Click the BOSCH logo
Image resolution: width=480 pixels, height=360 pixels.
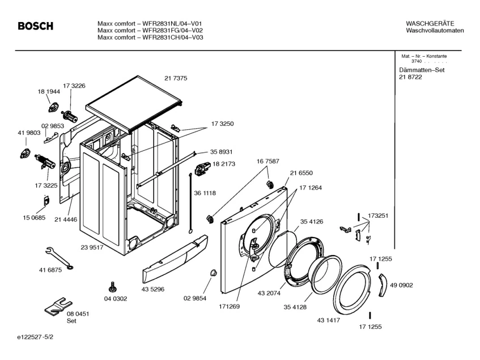point(36,26)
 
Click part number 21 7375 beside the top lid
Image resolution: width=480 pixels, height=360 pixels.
point(176,78)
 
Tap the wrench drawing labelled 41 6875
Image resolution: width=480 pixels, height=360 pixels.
point(59,259)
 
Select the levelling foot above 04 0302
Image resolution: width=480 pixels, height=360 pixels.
point(112,287)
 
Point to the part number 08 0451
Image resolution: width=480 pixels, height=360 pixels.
point(78,314)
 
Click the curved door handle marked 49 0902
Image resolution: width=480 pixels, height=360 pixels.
point(383,285)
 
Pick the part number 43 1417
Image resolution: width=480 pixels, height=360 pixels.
point(329,320)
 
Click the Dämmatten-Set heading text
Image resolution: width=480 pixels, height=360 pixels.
point(422,70)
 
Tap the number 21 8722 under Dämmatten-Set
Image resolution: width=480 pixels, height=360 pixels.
point(410,77)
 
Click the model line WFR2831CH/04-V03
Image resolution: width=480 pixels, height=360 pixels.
point(150,37)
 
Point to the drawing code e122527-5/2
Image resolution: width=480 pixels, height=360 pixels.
point(35,337)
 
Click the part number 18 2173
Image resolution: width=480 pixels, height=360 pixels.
point(224,164)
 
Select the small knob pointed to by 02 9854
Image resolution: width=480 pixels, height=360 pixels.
point(213,273)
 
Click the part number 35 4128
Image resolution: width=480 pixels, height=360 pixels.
point(295,307)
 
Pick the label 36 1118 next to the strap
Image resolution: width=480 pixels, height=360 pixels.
point(205,193)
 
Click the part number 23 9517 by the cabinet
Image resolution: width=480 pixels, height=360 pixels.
point(92,247)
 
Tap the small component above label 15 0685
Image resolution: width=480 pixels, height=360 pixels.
point(46,201)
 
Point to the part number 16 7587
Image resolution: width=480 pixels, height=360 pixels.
point(268,162)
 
